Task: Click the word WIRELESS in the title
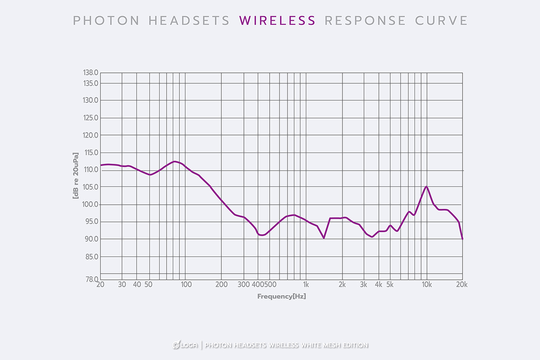click(x=278, y=20)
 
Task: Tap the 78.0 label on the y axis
click(x=91, y=280)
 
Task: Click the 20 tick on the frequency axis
click(x=100, y=284)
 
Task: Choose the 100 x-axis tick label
click(x=185, y=284)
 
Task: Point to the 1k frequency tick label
click(x=306, y=284)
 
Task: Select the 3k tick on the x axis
click(x=364, y=284)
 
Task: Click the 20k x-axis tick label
click(x=462, y=284)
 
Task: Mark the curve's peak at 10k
click(x=427, y=186)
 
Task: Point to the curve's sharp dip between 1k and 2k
click(x=324, y=238)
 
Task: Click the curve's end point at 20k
click(x=463, y=239)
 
